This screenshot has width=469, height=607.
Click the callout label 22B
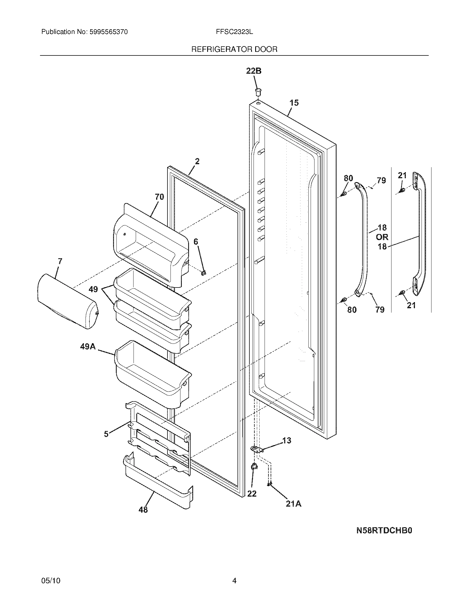coord(254,71)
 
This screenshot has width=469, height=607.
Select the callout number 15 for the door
coord(294,103)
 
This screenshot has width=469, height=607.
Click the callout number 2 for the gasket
coord(197,161)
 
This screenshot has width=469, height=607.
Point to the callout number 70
coord(159,197)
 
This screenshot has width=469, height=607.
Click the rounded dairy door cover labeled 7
coord(67,302)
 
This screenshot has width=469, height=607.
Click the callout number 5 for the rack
coord(106,434)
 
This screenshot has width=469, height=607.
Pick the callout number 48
coord(143,510)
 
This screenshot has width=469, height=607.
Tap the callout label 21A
coord(294,504)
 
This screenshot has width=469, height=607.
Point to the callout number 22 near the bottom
coord(252,494)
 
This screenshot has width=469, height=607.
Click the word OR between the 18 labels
coord(382,237)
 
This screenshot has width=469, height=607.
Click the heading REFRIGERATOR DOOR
coord(234,49)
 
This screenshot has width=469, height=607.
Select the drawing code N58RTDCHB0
coord(384,531)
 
